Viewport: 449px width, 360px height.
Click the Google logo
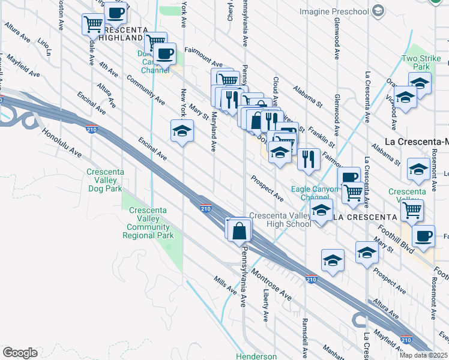(x=20, y=353)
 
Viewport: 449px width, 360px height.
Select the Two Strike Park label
(x=421, y=63)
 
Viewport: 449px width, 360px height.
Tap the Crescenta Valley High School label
(x=280, y=220)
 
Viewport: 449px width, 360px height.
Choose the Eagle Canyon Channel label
(x=310, y=193)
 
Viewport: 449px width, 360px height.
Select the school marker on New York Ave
(x=182, y=132)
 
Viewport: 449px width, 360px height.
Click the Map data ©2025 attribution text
(x=423, y=355)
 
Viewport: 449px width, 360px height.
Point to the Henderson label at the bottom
(x=256, y=356)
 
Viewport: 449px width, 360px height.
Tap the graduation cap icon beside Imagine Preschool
(x=378, y=11)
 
